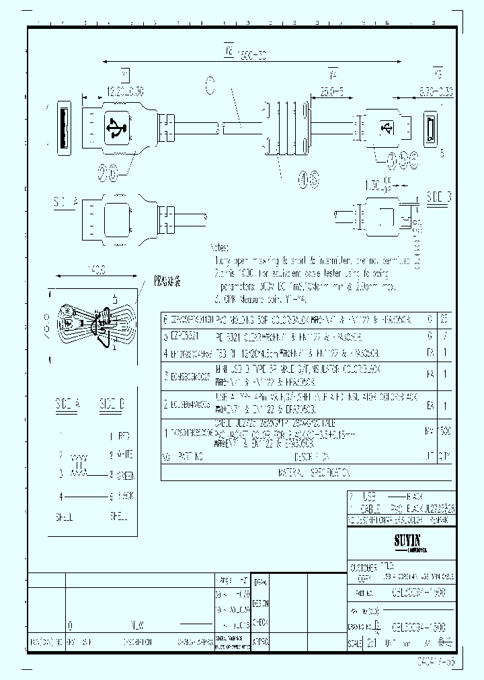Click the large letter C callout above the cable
coord(210,86)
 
